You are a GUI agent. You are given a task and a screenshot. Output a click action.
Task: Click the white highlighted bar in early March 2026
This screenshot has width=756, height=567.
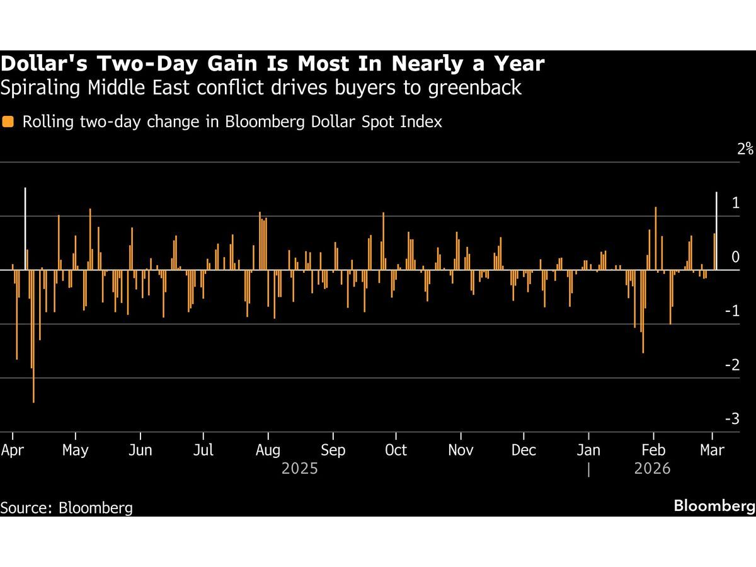pyautogui.click(x=717, y=231)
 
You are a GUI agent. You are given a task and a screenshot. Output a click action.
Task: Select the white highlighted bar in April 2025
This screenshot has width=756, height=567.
pyautogui.click(x=25, y=228)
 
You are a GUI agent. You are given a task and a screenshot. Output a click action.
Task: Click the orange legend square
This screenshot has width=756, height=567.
pyautogui.click(x=8, y=122)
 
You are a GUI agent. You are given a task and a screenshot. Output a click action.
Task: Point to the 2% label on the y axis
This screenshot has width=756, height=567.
pyautogui.click(x=746, y=149)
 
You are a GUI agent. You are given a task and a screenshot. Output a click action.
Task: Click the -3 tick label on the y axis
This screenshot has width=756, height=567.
pyautogui.click(x=732, y=419)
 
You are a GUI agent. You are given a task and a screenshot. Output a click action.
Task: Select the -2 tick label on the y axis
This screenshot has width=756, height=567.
pyautogui.click(x=732, y=365)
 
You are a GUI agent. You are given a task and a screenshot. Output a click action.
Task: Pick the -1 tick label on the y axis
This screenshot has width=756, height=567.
pyautogui.click(x=732, y=311)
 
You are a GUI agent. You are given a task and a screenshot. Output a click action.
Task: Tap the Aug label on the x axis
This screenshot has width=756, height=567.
pyautogui.click(x=268, y=450)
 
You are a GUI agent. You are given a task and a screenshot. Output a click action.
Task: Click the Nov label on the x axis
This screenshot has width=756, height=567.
pyautogui.click(x=460, y=450)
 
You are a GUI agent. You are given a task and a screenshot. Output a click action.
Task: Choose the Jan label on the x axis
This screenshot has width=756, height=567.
pyautogui.click(x=588, y=450)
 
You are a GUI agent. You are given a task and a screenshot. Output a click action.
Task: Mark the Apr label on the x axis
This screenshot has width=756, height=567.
pyautogui.click(x=12, y=450)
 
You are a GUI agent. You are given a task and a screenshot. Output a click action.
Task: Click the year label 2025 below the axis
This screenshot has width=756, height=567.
pyautogui.click(x=300, y=469)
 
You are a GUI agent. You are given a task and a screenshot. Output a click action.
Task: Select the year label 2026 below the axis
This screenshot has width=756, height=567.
pyautogui.click(x=652, y=469)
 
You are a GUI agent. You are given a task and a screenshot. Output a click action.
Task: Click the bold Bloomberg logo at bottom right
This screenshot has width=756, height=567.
pyautogui.click(x=713, y=505)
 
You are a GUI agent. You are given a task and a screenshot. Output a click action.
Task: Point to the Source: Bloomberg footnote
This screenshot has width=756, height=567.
pyautogui.click(x=67, y=508)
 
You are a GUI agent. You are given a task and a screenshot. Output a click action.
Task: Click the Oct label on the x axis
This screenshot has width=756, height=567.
pyautogui.click(x=396, y=450)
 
